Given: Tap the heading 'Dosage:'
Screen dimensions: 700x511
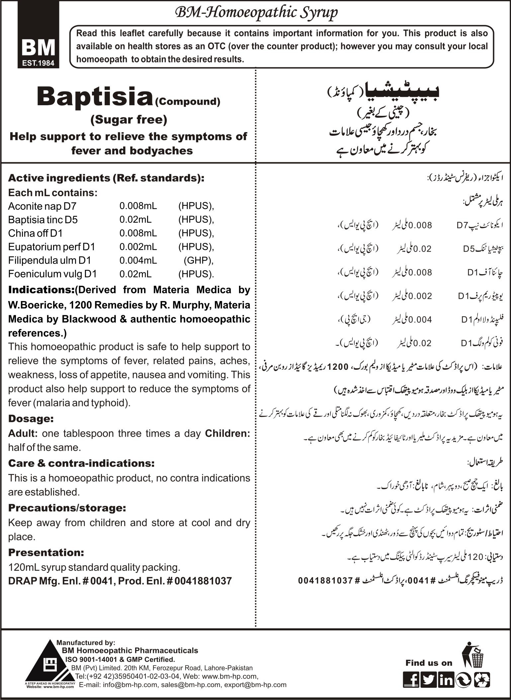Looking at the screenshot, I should (31, 419).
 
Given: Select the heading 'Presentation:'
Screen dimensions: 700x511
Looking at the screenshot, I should (46, 553).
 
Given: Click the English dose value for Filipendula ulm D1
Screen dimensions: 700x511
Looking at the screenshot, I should (138, 260).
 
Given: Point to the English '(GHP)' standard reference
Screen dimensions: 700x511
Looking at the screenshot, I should (198, 260).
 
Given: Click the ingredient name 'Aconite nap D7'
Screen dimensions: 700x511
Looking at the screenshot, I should (42, 206).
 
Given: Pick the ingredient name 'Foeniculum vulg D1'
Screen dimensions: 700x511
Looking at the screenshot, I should (52, 274).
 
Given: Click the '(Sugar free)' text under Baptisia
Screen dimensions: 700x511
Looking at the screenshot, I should (129, 119).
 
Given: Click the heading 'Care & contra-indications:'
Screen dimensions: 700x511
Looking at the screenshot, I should (81, 463).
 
